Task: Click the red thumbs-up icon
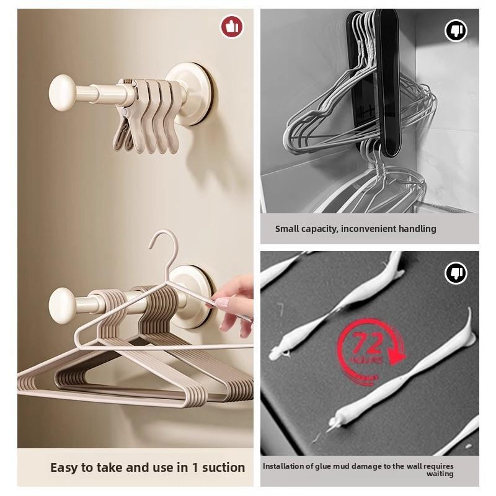click(232, 27)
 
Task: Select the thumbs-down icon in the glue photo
click(456, 273)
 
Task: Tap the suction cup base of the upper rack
click(197, 93)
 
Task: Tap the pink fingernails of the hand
click(222, 304)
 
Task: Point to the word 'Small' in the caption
click(288, 229)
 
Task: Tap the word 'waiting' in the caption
click(440, 474)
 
